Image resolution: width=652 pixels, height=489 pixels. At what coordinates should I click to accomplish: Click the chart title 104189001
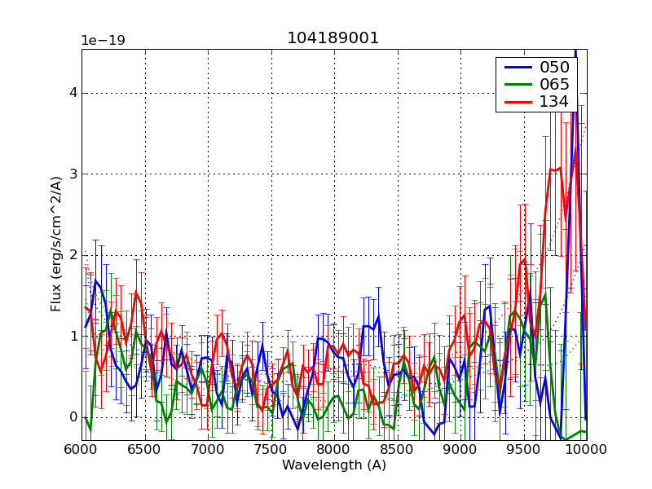pos(333,38)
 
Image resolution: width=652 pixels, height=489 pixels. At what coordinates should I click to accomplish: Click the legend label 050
pos(554,68)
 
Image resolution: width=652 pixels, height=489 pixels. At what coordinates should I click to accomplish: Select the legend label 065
pos(554,85)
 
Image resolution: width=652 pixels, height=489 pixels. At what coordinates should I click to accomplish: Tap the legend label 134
pos(554,102)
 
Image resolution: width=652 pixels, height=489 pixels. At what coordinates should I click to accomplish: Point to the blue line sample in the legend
pos(516,68)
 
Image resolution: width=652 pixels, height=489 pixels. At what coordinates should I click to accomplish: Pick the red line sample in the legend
pos(516,102)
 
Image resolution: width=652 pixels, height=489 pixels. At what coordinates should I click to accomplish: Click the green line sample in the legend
pos(516,85)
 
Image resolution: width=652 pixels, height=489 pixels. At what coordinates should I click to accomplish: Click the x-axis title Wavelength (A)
pos(334,465)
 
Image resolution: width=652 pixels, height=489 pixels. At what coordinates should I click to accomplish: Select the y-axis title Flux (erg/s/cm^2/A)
pos(56,244)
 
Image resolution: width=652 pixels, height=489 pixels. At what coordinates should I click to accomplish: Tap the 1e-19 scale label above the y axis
pos(103,40)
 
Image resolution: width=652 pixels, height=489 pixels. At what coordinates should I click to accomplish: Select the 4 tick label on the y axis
pos(73,93)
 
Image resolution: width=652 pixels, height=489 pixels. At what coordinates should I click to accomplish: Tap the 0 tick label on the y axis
pos(73,417)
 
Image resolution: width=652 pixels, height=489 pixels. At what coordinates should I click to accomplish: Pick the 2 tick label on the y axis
pos(73,255)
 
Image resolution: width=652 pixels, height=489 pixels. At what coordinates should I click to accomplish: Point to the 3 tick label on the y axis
pos(73,174)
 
